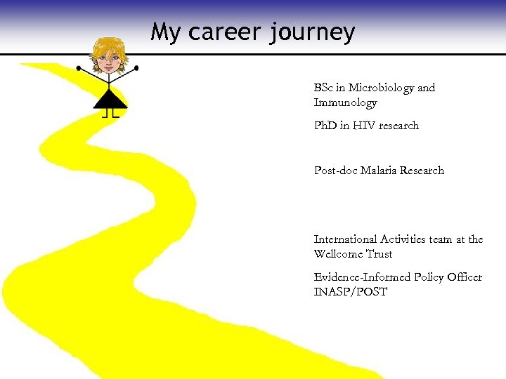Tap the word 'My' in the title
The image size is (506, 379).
pos(165,32)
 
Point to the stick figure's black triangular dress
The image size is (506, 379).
pos(110,100)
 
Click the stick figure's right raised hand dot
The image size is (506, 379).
pos(136,68)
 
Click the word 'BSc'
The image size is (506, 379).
pos(324,88)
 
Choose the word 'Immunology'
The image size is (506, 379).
pos(345,102)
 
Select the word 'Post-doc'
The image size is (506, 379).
pos(335,171)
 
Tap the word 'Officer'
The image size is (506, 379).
pos(463,277)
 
